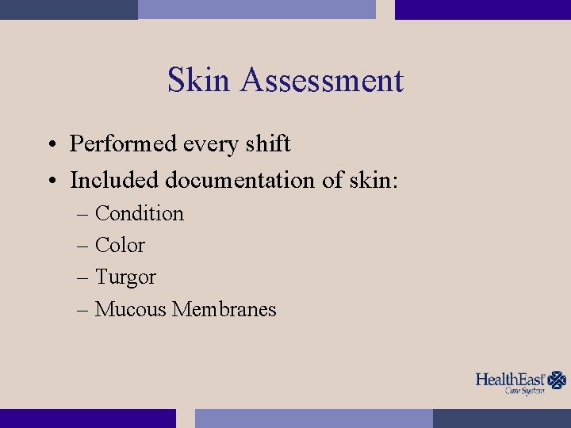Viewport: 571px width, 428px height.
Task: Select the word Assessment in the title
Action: [322, 81]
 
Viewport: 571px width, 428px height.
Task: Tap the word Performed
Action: [122, 144]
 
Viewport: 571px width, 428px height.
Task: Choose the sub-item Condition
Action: [139, 214]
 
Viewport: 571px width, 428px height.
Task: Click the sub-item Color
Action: [120, 246]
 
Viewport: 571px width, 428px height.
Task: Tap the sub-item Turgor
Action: [125, 278]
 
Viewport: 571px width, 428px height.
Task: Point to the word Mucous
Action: [130, 309]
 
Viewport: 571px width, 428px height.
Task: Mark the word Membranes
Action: [224, 309]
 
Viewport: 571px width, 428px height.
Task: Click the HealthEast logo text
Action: [511, 379]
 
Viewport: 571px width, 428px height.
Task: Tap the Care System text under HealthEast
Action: [525, 391]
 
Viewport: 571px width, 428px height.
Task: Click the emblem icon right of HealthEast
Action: [558, 380]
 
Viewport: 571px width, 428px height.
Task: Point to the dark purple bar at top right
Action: [482, 10]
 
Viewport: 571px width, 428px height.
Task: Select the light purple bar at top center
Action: [256, 10]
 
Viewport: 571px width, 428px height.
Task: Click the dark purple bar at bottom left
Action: [87, 418]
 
